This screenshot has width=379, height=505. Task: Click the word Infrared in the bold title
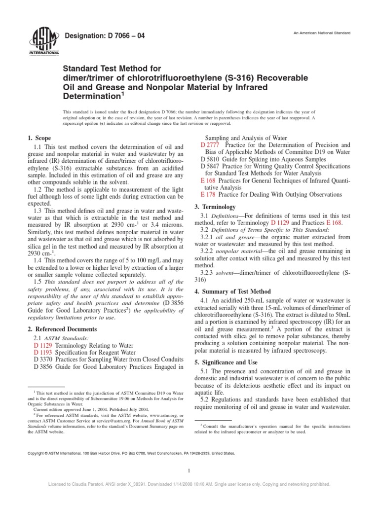[x=261, y=87]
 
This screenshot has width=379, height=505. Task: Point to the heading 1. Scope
[x=38, y=139]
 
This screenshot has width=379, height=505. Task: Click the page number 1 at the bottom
[x=189, y=471]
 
